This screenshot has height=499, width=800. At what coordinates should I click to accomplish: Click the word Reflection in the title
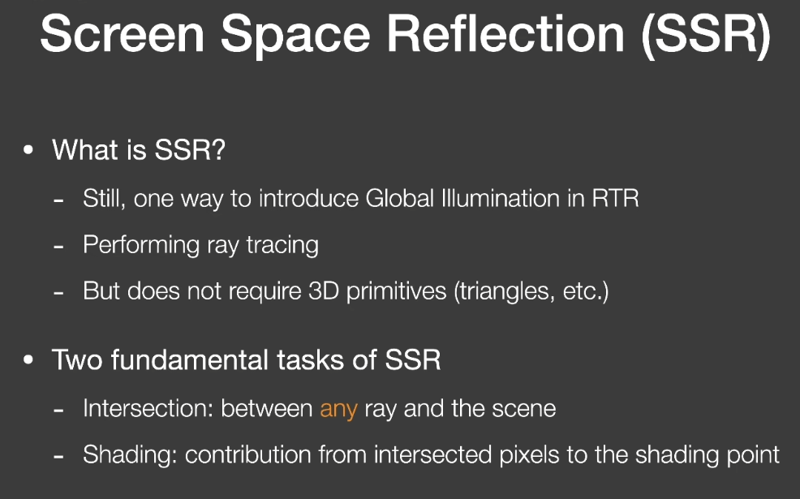click(505, 34)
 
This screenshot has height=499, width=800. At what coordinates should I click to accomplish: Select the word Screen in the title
click(123, 34)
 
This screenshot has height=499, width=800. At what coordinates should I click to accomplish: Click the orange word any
click(339, 410)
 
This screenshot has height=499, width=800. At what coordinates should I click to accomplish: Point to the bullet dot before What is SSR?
click(28, 150)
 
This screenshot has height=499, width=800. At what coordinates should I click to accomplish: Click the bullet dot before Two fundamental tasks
click(28, 359)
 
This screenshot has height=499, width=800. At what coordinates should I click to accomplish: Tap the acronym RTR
click(615, 199)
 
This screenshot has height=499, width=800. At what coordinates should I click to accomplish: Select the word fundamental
click(191, 359)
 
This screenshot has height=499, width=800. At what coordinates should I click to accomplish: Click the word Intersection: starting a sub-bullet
click(148, 409)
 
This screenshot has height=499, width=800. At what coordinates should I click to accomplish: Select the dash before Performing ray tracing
click(58, 247)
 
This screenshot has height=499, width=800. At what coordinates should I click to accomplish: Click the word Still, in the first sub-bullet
click(105, 199)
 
